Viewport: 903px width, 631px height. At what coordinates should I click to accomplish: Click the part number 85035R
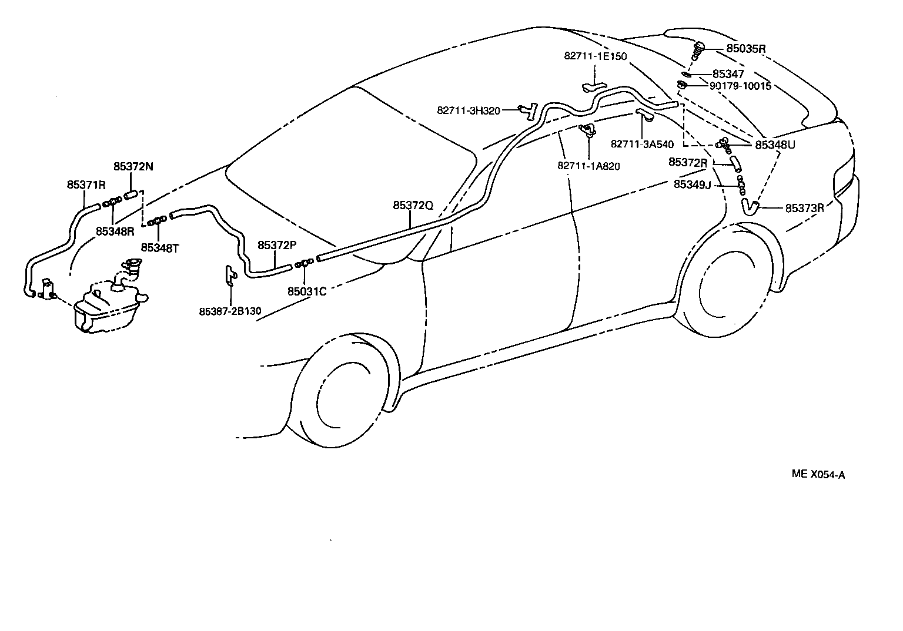coord(745,48)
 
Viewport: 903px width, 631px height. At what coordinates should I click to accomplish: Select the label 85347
coord(728,74)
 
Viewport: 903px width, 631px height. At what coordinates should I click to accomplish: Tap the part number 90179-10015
coord(740,86)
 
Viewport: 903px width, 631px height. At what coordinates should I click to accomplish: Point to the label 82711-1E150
coord(596,56)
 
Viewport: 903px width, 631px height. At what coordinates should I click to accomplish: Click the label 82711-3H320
coord(469,110)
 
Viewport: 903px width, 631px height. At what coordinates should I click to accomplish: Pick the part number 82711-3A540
coord(642,144)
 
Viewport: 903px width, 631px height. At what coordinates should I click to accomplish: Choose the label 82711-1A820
coord(588,166)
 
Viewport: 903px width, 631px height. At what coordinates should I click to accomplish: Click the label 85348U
coord(775,145)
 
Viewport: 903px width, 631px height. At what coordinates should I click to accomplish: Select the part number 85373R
coord(804,208)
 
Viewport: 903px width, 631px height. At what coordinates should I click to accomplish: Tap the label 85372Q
coord(413,205)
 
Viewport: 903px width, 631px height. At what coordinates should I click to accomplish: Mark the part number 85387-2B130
coord(230,311)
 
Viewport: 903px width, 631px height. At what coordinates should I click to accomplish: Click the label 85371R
coord(86,184)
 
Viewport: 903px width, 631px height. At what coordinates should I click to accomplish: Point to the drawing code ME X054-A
coord(818,474)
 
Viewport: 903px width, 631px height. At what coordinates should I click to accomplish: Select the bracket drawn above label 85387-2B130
coord(230,276)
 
